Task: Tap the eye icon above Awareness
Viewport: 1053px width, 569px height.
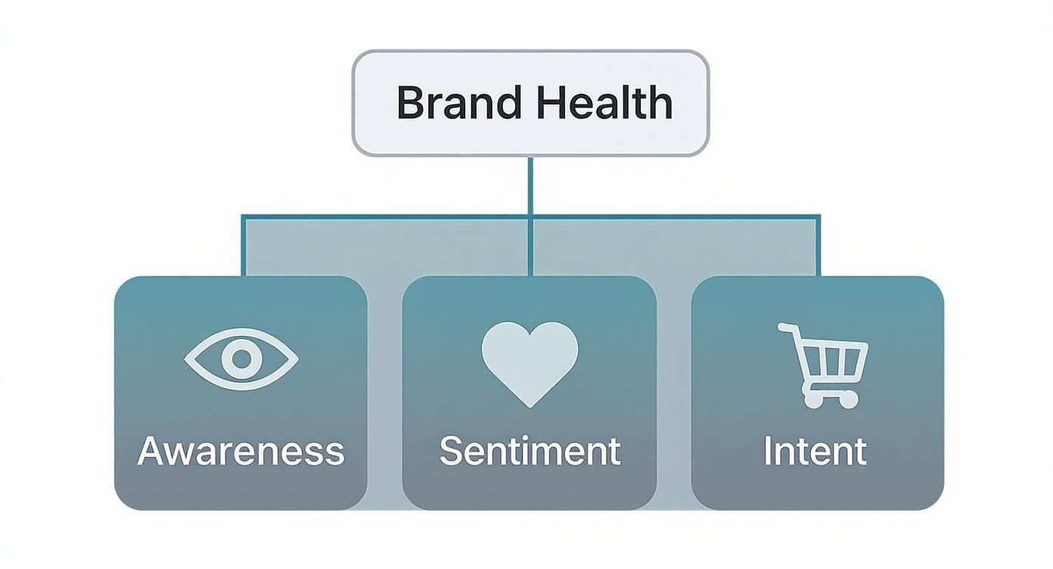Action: tap(241, 359)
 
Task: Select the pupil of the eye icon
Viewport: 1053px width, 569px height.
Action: tap(241, 359)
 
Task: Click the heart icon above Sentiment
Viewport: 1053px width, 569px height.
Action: tap(530, 362)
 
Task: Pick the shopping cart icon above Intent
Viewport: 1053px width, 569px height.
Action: tap(825, 365)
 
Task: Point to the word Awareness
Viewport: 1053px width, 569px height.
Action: tap(241, 451)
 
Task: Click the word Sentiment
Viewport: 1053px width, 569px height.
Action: tap(530, 451)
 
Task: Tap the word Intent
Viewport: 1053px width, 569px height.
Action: tap(815, 451)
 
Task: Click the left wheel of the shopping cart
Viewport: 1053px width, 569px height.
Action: tap(812, 400)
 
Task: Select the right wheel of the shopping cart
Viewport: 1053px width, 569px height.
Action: tap(849, 399)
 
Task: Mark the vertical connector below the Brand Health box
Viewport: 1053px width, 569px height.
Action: tap(530, 185)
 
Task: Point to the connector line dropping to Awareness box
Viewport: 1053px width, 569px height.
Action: tap(244, 246)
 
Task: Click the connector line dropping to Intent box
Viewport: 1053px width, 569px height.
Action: tap(819, 246)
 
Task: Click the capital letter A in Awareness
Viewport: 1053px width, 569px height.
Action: tap(151, 451)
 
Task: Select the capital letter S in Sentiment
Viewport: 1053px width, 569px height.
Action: tap(452, 451)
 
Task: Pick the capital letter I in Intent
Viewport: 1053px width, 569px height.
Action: tap(767, 451)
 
